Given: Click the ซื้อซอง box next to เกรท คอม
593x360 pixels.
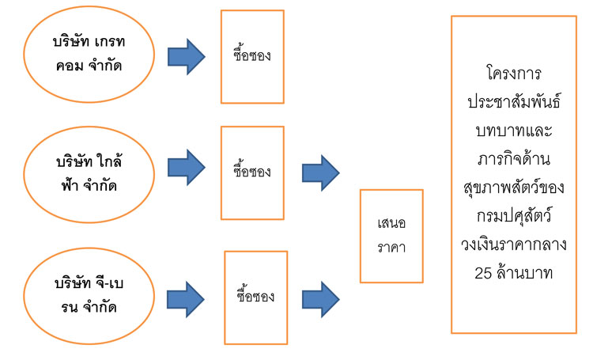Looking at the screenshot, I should (252, 57).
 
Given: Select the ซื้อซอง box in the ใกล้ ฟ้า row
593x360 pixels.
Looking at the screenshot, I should (252, 172).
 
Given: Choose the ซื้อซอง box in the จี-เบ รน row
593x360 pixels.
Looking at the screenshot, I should (255, 297).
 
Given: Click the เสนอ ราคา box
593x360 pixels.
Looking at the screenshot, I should (391, 236).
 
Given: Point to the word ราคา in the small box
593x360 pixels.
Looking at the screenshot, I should (391, 248).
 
